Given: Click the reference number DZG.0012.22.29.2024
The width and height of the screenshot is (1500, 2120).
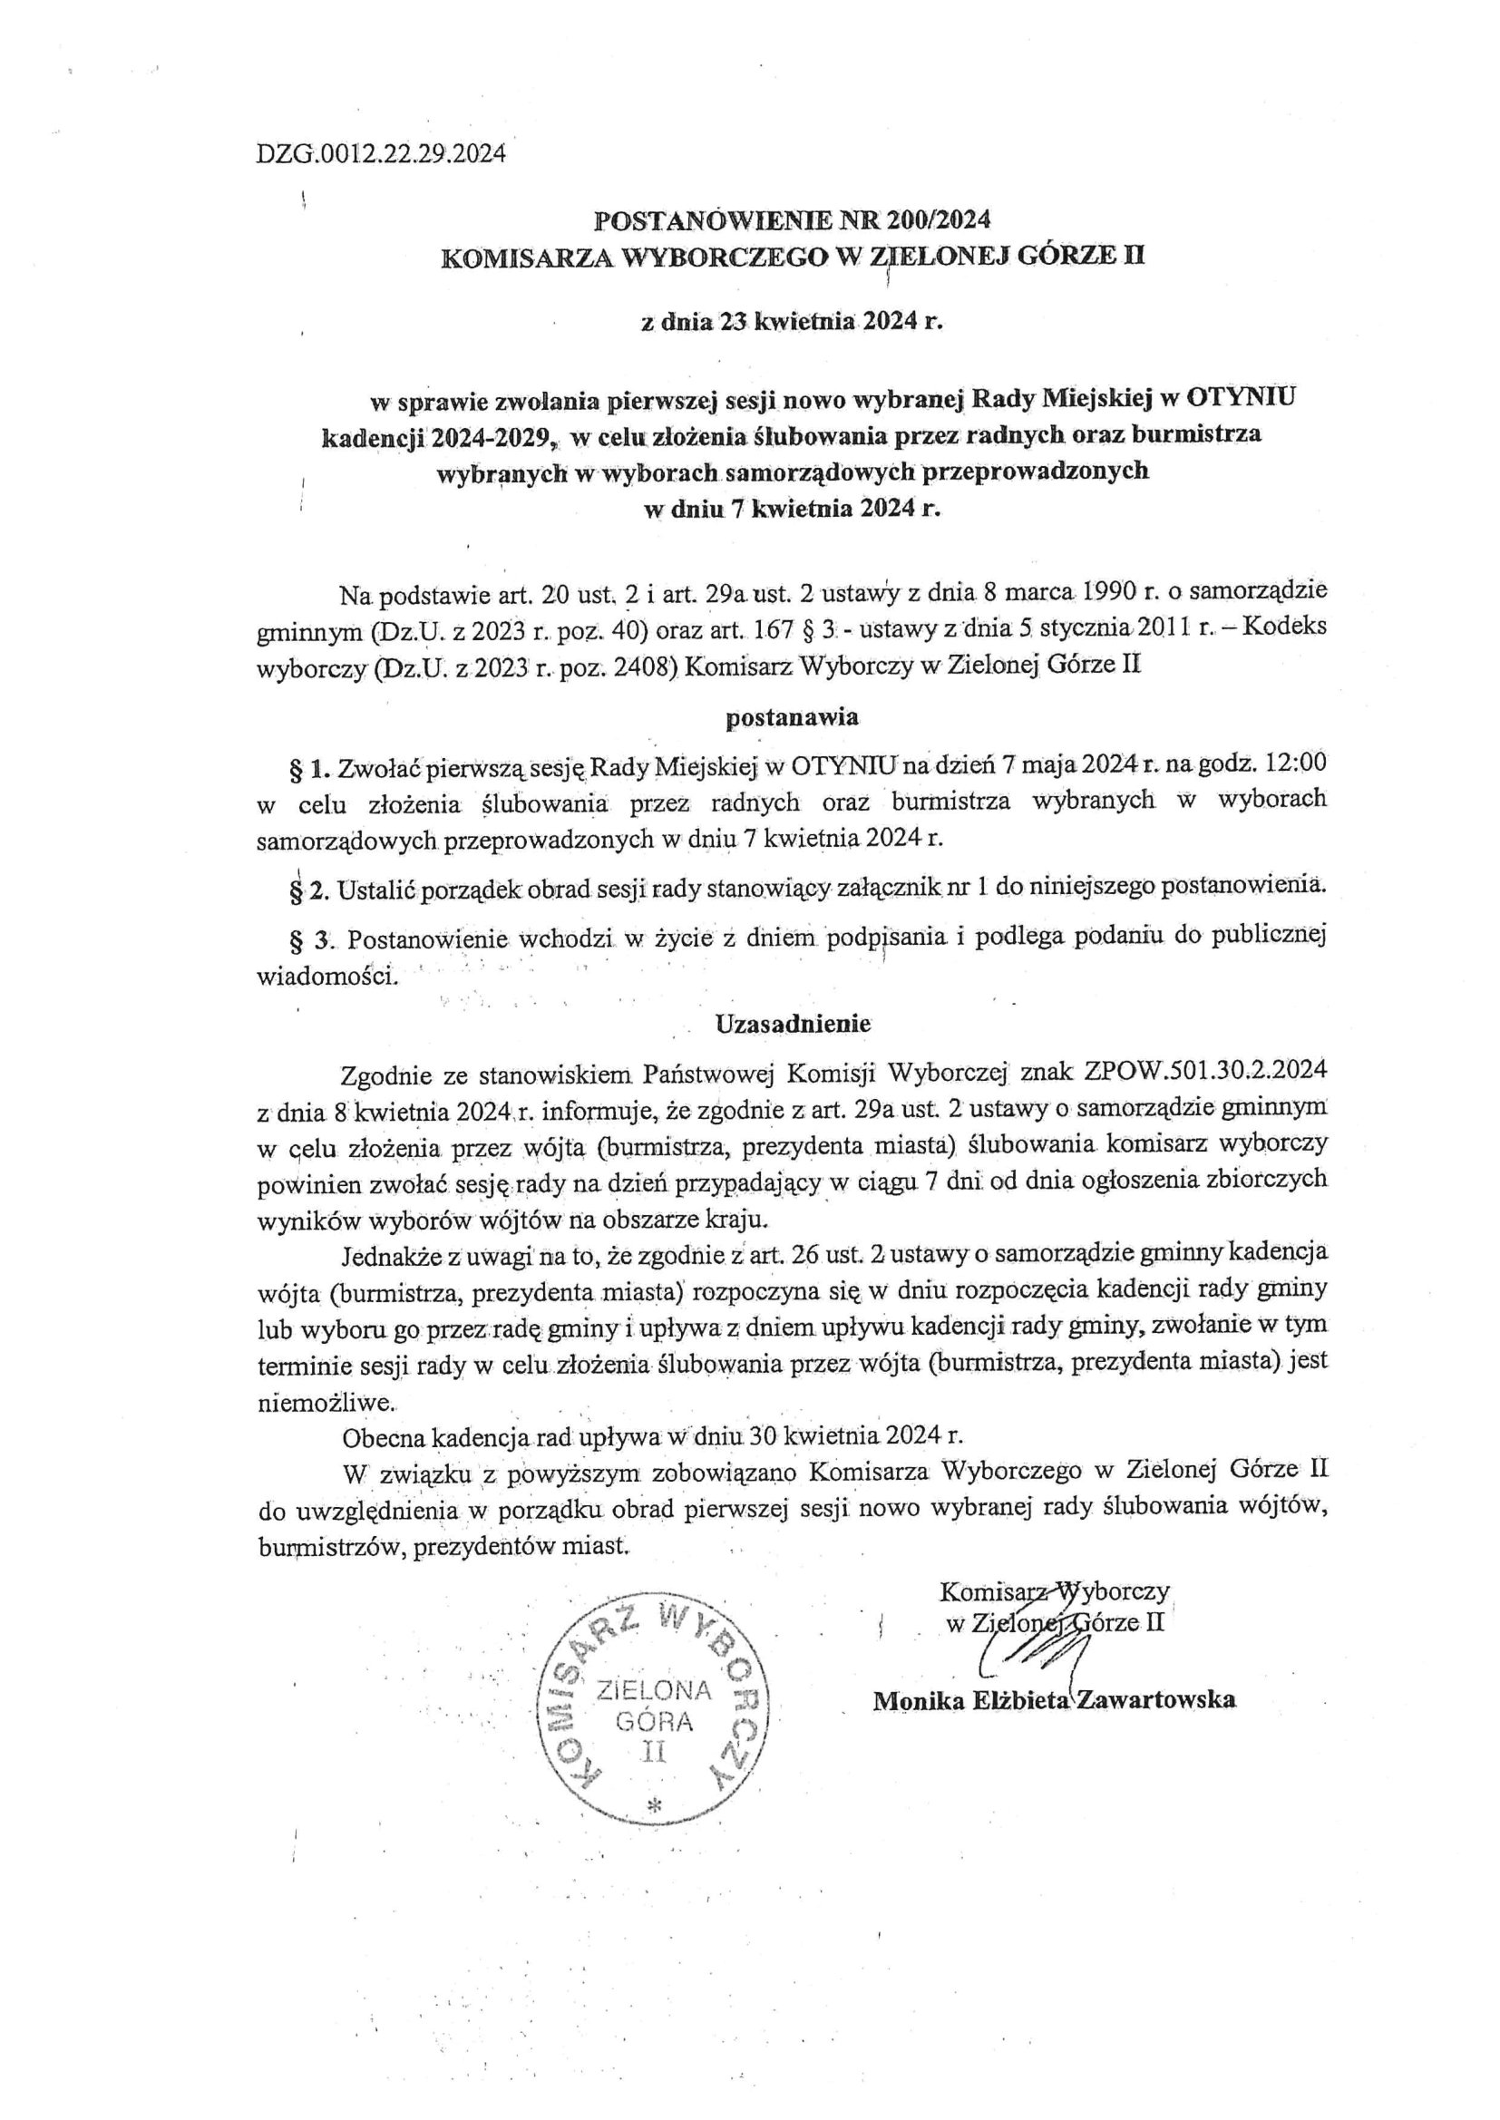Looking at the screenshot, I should [381, 154].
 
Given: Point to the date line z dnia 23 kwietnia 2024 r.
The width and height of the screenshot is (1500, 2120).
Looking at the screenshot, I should [793, 322].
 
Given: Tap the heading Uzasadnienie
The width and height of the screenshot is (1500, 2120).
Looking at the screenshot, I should [793, 1023].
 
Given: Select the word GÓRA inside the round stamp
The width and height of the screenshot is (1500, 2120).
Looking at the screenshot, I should [654, 1721].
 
